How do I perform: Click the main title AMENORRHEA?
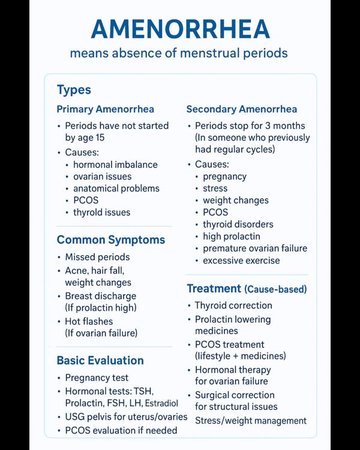click(x=179, y=29)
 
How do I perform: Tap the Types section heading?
click(x=74, y=90)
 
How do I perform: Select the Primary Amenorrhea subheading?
click(x=105, y=109)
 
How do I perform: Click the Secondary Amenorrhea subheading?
click(x=241, y=109)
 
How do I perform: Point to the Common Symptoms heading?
click(x=110, y=240)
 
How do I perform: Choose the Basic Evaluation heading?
click(x=100, y=361)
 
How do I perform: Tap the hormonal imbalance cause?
click(x=115, y=164)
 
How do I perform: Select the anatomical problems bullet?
click(x=116, y=188)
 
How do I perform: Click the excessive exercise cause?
click(x=241, y=260)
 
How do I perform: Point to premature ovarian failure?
click(x=254, y=248)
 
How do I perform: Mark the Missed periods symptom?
click(x=97, y=257)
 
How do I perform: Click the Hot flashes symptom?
click(x=89, y=322)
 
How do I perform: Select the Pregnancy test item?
click(x=97, y=378)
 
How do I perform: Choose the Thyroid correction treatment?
click(x=233, y=305)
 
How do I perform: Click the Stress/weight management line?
click(x=251, y=421)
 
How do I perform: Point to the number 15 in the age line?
click(x=99, y=138)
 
